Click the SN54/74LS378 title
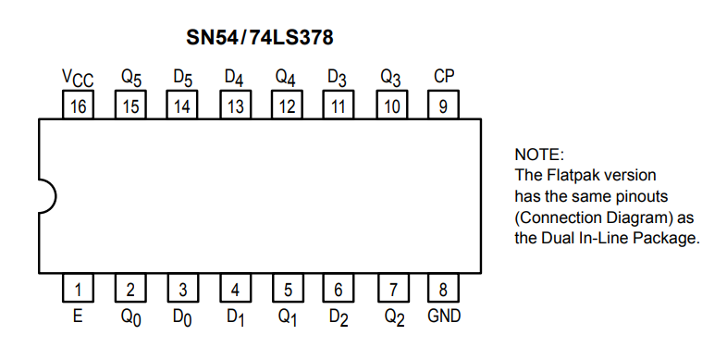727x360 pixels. pyautogui.click(x=260, y=38)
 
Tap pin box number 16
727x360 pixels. pyautogui.click(x=78, y=105)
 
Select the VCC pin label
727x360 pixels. pyautogui.click(x=78, y=78)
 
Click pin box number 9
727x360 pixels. pyautogui.click(x=443, y=105)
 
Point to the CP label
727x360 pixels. pyautogui.click(x=444, y=76)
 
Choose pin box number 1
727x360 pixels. pyautogui.click(x=78, y=288)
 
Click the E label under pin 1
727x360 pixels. pyautogui.click(x=78, y=317)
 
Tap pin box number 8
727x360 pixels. pyautogui.click(x=443, y=288)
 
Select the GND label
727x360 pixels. pyautogui.click(x=444, y=317)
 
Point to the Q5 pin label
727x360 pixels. pyautogui.click(x=131, y=78)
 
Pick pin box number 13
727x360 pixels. pyautogui.click(x=235, y=105)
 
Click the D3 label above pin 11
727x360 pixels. pyautogui.click(x=337, y=78)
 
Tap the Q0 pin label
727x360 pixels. pyautogui.click(x=131, y=318)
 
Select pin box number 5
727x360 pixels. pyautogui.click(x=288, y=288)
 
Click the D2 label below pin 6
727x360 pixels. pyautogui.click(x=339, y=318)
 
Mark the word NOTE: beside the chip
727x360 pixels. pyautogui.click(x=539, y=155)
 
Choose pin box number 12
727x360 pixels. pyautogui.click(x=287, y=105)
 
